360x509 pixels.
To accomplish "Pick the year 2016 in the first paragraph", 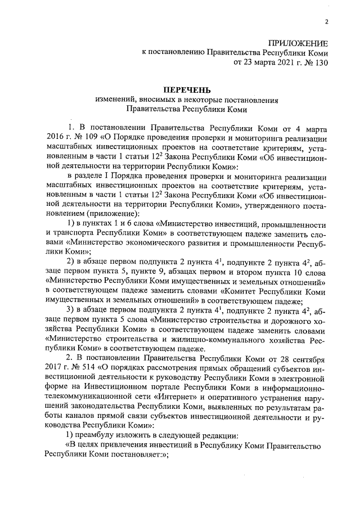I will [x=51, y=137].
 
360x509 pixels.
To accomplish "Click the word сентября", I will [x=308, y=358].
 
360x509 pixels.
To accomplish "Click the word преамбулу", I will [x=101, y=435].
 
